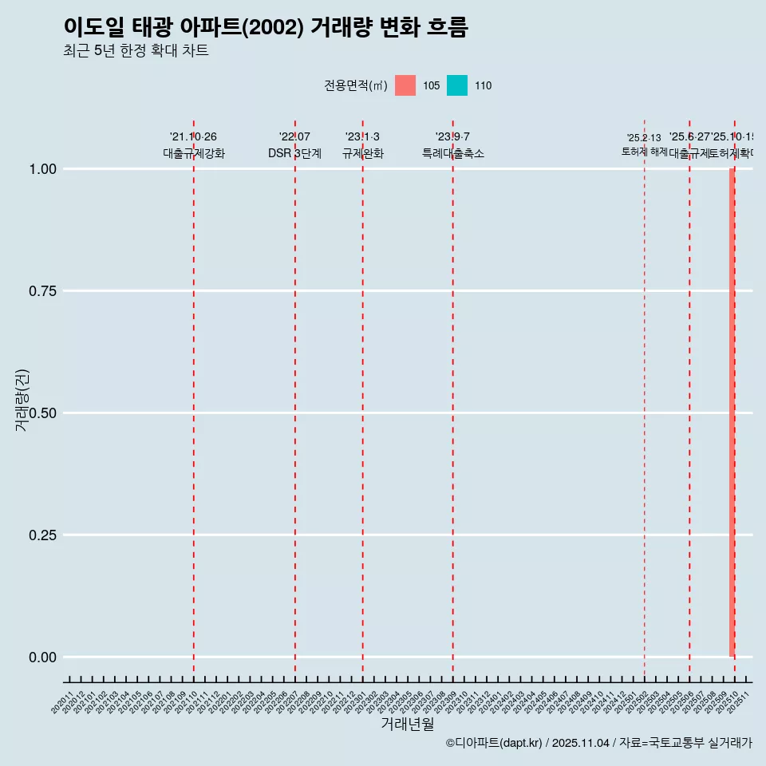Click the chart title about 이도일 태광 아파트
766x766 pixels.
click(265, 27)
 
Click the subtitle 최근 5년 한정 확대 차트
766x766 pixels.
click(136, 51)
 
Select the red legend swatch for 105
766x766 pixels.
click(405, 85)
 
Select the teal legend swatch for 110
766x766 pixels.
click(457, 85)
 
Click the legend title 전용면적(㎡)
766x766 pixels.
click(355, 85)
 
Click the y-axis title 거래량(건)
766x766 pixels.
click(22, 400)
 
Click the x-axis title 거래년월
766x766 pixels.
click(408, 724)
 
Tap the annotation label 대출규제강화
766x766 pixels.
click(194, 153)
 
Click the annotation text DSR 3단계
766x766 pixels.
click(294, 153)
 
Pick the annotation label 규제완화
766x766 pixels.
click(363, 153)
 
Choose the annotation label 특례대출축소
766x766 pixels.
click(453, 153)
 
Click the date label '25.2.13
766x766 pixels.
click(644, 138)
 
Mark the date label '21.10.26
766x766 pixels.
click(193, 137)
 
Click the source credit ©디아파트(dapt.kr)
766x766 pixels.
click(494, 743)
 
